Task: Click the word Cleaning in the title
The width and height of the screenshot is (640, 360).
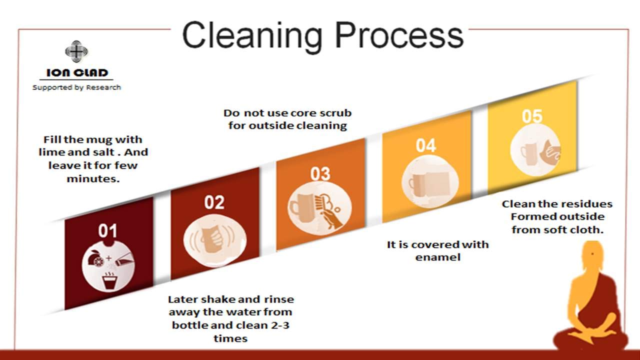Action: pos(252,37)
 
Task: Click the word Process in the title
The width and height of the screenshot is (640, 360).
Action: pos(399,35)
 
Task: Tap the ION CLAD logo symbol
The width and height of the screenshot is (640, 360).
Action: pos(76,51)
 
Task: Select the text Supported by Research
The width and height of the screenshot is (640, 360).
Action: pos(76,87)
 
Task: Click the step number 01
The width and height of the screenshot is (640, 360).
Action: pos(107,231)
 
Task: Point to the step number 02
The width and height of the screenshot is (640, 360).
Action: pos(214,202)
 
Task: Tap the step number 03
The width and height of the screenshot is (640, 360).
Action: pos(320,173)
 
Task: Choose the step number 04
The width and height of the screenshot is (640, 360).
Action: pos(425,145)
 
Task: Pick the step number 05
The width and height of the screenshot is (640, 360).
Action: pos(532,116)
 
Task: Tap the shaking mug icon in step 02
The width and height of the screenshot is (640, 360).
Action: pos(215,240)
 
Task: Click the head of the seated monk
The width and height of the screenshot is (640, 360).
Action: pos(593,255)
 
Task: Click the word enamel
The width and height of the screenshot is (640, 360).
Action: pos(437,257)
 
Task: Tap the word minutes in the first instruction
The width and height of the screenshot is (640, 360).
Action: pos(93,179)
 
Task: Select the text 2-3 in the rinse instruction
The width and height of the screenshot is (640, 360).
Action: pos(279,325)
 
